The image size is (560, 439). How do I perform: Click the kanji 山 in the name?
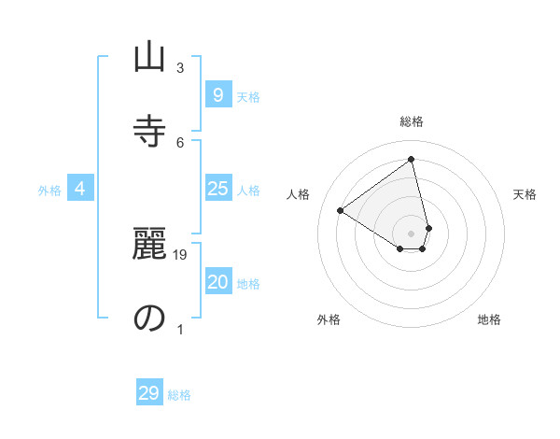pos(148,59)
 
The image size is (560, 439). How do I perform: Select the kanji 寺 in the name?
pos(148,131)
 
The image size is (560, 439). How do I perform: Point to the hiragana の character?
pos(148,319)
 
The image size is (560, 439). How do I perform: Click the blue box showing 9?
pos(217,95)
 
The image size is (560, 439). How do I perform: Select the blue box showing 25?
pos(217,189)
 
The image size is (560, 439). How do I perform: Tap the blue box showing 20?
pos(217,282)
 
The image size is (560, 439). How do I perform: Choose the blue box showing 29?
pos(149,393)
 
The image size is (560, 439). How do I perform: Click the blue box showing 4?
pos(80,190)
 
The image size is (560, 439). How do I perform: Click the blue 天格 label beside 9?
pos(248,96)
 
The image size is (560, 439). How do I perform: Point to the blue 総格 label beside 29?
pos(179,395)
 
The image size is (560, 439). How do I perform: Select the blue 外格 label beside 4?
pos(49,191)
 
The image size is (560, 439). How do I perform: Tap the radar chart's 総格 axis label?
pos(412,121)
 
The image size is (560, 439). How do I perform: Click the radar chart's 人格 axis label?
pos(299,194)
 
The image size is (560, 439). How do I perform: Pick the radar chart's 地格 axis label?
pos(489,319)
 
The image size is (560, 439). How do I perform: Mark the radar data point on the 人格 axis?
pos(341,210)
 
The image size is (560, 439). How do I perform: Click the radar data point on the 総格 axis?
pos(412,160)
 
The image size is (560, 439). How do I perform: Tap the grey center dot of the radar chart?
pos(412,234)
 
